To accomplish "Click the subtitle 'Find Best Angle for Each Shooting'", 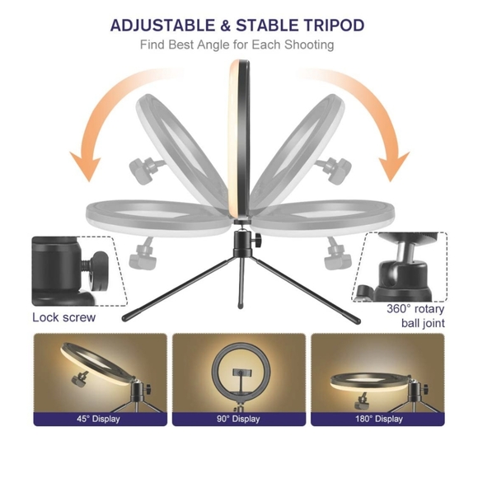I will coord(237,45).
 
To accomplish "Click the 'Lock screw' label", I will coord(63,317).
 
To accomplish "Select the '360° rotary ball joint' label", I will coord(415,316).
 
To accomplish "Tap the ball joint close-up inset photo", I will coord(401,266).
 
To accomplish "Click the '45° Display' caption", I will coord(100,419).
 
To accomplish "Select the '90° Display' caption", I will coord(238,419).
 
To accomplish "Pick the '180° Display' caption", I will coord(377,419).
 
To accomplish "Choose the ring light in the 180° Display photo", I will coord(375,381).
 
